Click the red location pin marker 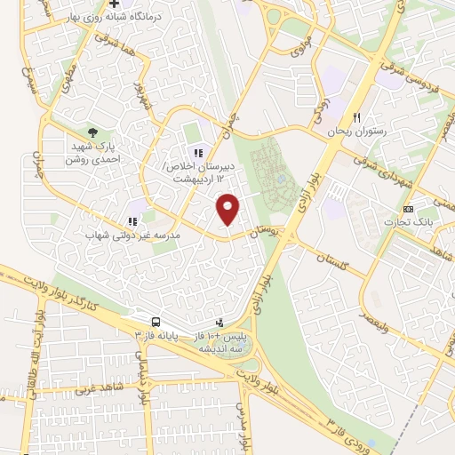pos(228,209)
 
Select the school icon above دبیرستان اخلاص pos(198,154)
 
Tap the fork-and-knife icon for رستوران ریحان pos(356,117)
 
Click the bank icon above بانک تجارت pos(407,208)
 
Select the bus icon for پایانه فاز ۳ pos(156,323)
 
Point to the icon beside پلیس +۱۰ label pos(220,323)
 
